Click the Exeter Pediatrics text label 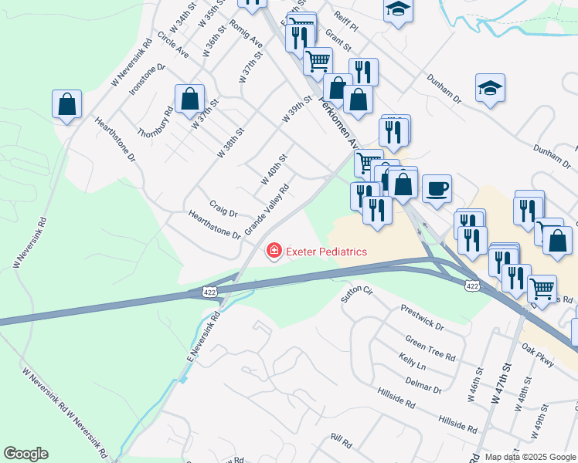coord(327,251)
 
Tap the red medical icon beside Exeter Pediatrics coord(273,251)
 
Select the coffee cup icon coord(437,189)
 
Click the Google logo coord(25,454)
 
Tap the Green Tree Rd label coord(430,346)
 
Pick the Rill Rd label coord(341,441)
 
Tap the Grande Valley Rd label coord(267,210)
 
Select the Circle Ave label coord(172,46)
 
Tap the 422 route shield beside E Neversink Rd coord(210,292)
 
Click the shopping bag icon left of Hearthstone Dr coord(66,104)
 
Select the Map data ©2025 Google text coord(531,457)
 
